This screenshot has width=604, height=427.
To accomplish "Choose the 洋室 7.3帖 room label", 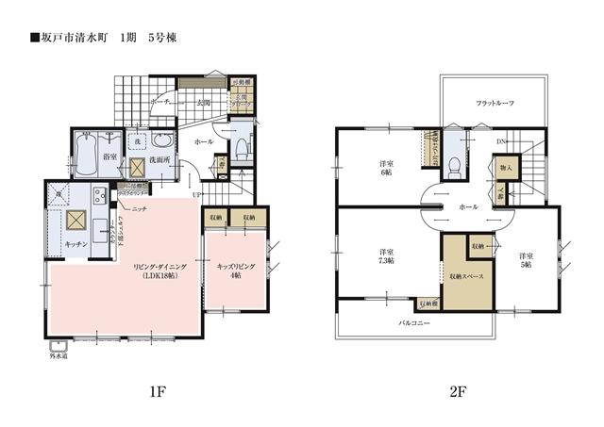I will [x=386, y=257].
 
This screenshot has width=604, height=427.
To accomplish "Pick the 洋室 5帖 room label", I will [x=526, y=261].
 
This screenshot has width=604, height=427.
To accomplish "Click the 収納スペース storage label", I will [x=468, y=275].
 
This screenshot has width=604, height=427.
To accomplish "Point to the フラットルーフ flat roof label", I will [x=495, y=103].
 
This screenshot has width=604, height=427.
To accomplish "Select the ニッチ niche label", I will [x=138, y=207].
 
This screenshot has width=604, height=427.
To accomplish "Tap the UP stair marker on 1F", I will [x=195, y=195].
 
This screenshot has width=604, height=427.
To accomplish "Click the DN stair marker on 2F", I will [x=500, y=142].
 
